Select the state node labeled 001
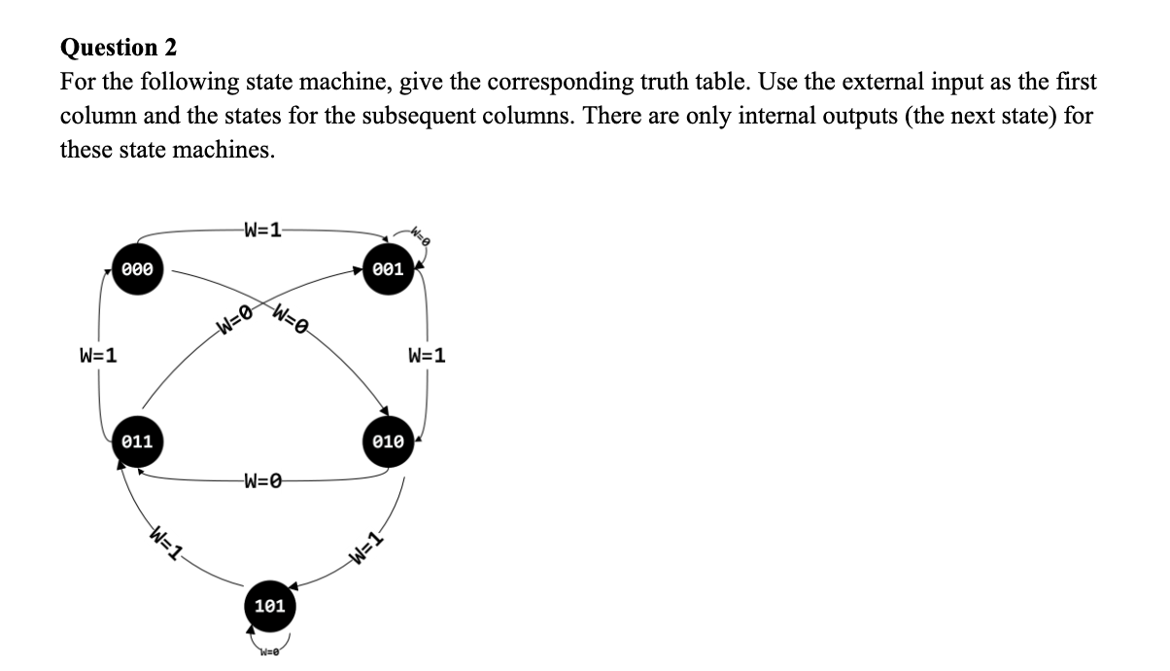tap(388, 269)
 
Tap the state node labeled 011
tap(137, 441)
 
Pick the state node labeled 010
tap(388, 441)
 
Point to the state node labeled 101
tap(269, 606)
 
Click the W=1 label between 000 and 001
tap(263, 231)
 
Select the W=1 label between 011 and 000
tap(98, 355)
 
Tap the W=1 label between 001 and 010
tap(427, 355)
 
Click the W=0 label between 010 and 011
tap(263, 479)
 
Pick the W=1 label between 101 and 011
tap(166, 542)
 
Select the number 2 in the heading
tap(170, 47)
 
